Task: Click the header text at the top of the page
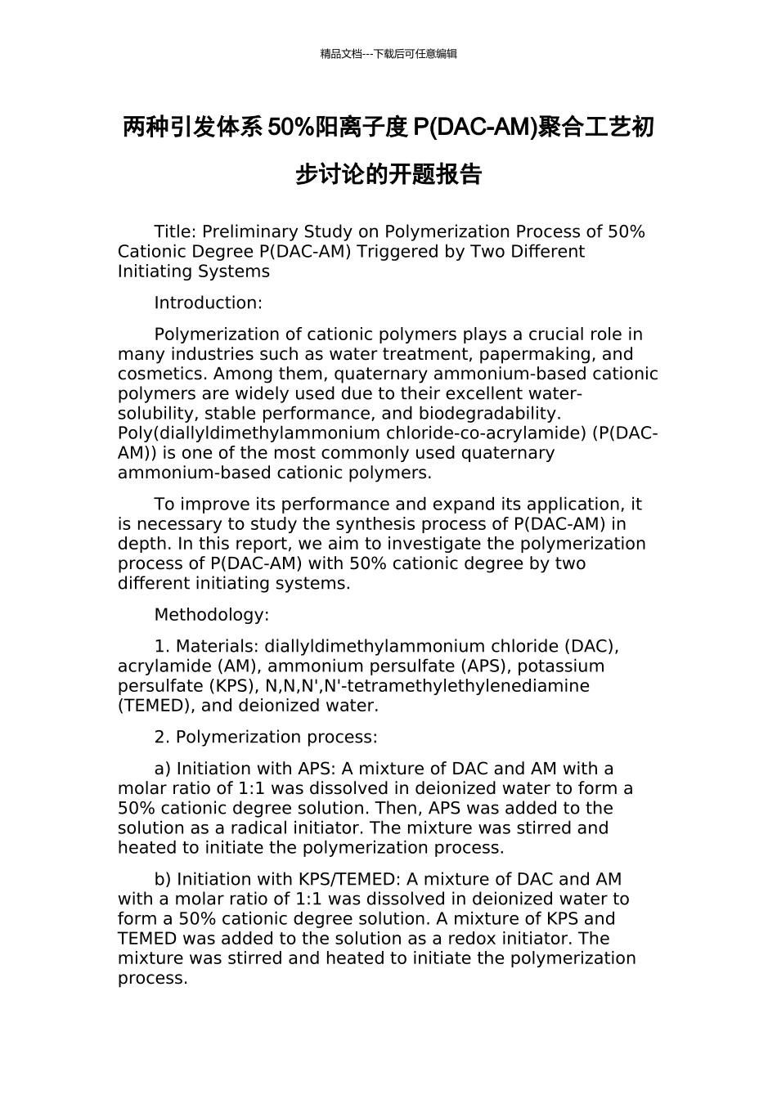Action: click(388, 54)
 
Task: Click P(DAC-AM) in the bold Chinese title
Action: click(475, 128)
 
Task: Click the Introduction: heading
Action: click(208, 303)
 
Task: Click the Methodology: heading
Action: click(211, 615)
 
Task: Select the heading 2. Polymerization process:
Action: click(266, 737)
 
